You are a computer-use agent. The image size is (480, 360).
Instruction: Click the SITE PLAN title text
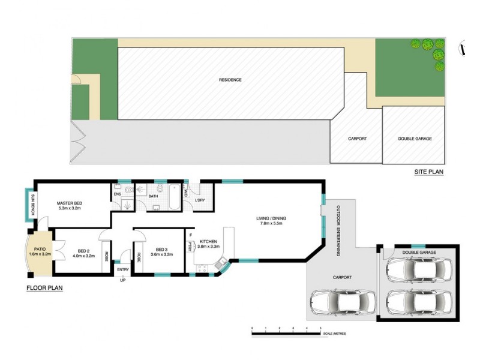click(x=428, y=172)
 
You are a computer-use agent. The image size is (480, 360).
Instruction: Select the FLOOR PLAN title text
click(x=44, y=287)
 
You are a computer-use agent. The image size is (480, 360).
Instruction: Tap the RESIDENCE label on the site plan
click(x=230, y=80)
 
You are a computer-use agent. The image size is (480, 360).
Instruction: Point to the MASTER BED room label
click(x=70, y=203)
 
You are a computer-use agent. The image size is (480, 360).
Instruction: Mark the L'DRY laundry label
click(x=201, y=200)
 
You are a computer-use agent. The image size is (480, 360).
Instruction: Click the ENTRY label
click(x=123, y=269)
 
